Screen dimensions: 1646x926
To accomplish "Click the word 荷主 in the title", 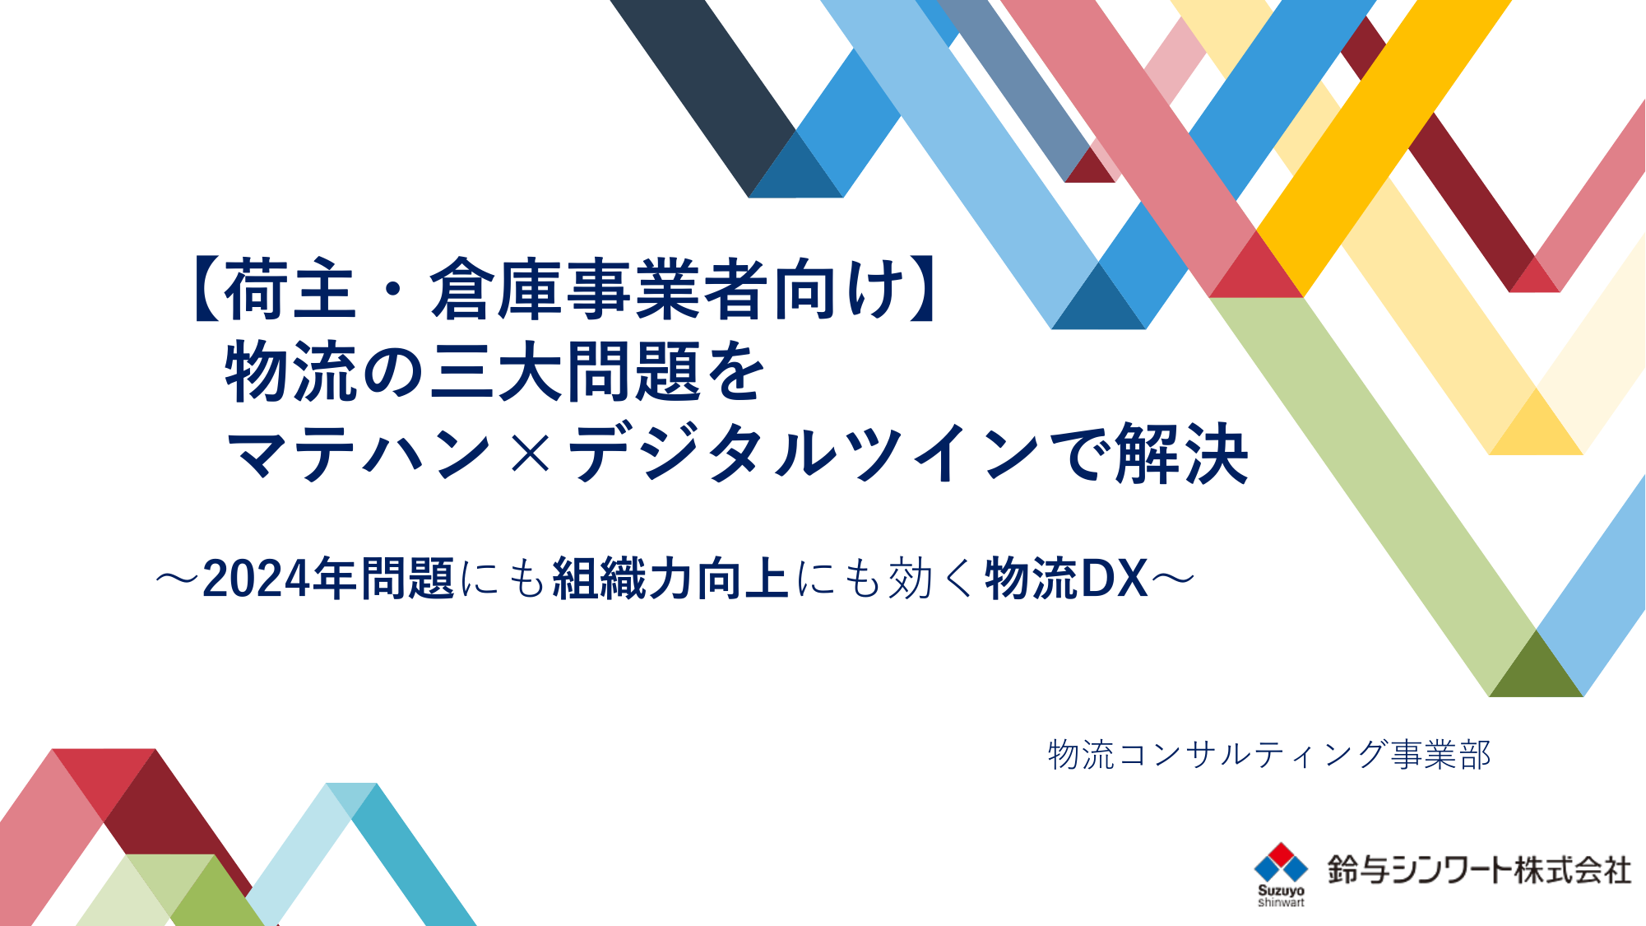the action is [x=290, y=289].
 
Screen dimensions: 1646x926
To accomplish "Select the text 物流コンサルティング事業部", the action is [x=1269, y=755].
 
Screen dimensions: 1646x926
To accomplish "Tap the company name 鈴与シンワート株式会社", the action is [x=1479, y=870].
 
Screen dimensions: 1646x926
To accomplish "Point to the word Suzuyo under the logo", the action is [x=1281, y=891].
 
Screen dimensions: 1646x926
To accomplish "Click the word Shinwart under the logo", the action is [x=1281, y=903].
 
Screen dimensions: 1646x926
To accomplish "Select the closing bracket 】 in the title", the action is [x=923, y=289].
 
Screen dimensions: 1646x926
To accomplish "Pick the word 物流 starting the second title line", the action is [x=290, y=371].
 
